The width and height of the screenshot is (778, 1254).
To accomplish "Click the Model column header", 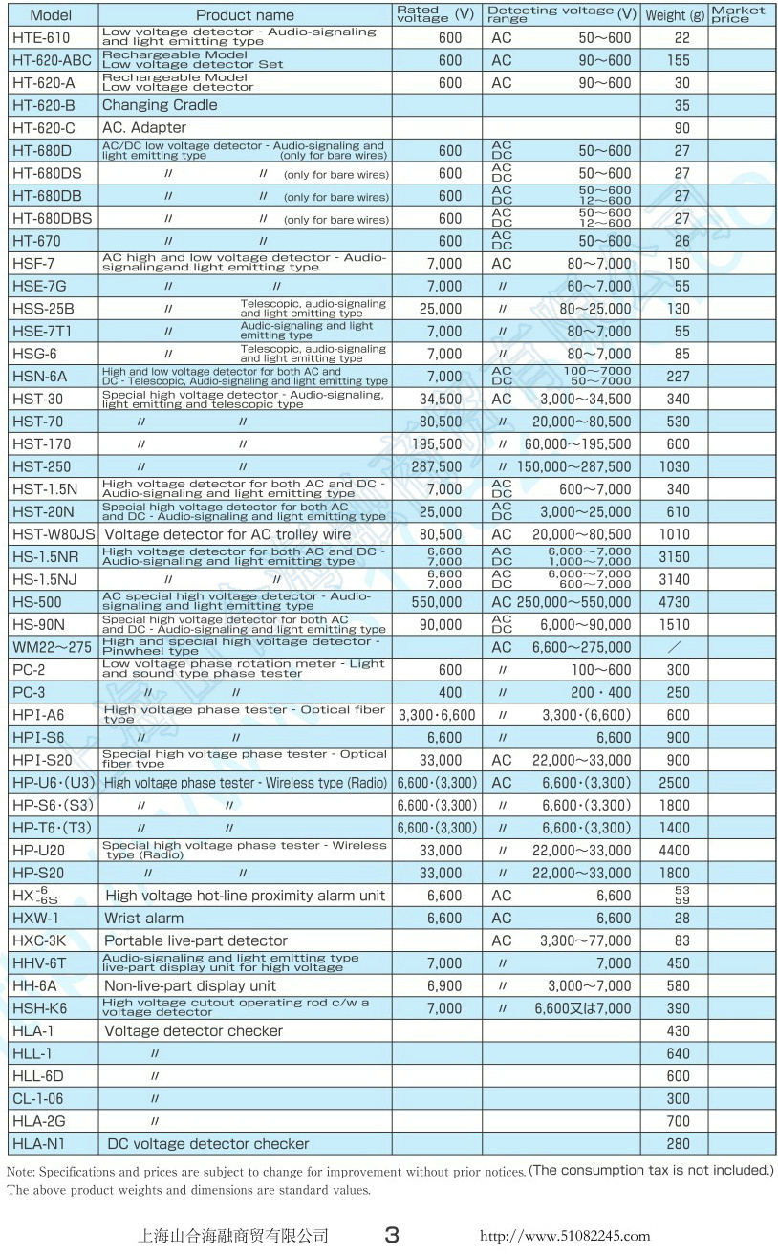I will pyautogui.click(x=51, y=15).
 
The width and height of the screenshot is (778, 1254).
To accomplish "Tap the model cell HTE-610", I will pyautogui.click(x=41, y=37).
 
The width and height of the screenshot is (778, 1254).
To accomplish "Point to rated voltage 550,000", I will pyautogui.click(x=437, y=602).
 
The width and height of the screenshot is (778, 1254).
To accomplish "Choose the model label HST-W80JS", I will pyautogui.click(x=54, y=534).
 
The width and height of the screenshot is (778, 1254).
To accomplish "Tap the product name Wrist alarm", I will pyautogui.click(x=143, y=918).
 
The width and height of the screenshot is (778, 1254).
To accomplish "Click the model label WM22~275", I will pyautogui.click(x=53, y=647).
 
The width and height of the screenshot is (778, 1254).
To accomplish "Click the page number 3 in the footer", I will pyautogui.click(x=392, y=1235).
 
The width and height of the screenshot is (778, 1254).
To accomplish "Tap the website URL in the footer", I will pyautogui.click(x=564, y=1236).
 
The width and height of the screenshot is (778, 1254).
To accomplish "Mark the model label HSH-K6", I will pyautogui.click(x=40, y=1008).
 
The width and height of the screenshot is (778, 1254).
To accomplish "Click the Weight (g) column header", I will pyautogui.click(x=674, y=15).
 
